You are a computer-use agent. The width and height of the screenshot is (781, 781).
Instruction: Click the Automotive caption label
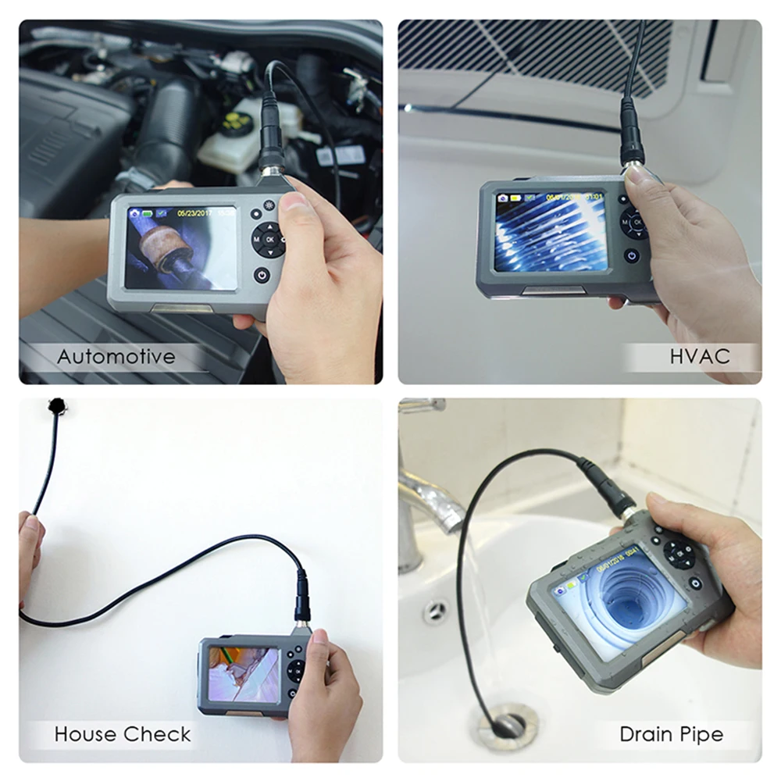coord(116,358)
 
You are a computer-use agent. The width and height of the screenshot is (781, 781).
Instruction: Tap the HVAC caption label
coord(700,357)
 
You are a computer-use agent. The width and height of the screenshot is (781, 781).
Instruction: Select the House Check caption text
coord(123,734)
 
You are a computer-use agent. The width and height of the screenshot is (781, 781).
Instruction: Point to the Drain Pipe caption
coord(671,734)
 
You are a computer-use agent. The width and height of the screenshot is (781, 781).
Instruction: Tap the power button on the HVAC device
coord(631,255)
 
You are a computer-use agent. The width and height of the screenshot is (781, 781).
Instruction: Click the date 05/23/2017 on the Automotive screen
coord(195,212)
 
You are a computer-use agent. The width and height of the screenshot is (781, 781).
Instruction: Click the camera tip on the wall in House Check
coord(57,405)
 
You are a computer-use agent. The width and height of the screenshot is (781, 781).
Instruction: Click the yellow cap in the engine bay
coord(235,123)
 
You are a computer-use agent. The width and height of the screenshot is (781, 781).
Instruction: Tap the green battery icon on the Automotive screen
coord(145,212)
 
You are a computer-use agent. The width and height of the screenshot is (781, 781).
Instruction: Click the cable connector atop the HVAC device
coord(632,144)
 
